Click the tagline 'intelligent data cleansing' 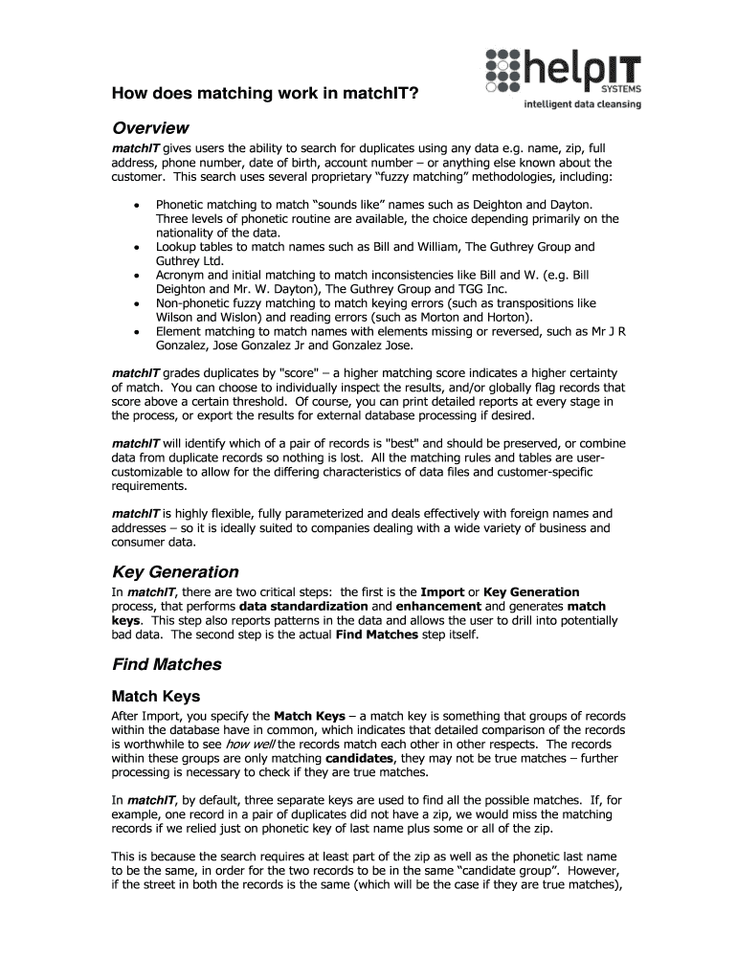582,104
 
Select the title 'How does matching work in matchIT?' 264,94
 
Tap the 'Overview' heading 150,128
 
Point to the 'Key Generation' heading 175,571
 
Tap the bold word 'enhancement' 439,607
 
